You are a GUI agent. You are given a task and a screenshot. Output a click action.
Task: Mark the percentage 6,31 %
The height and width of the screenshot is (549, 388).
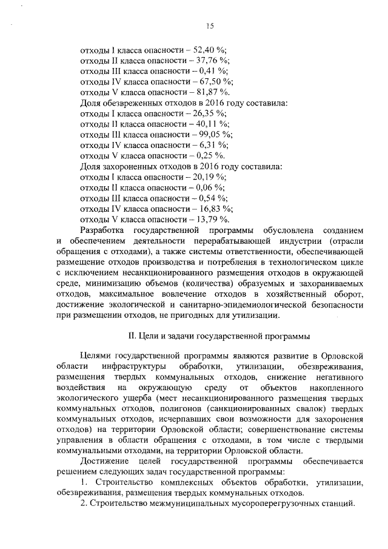point(213,144)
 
